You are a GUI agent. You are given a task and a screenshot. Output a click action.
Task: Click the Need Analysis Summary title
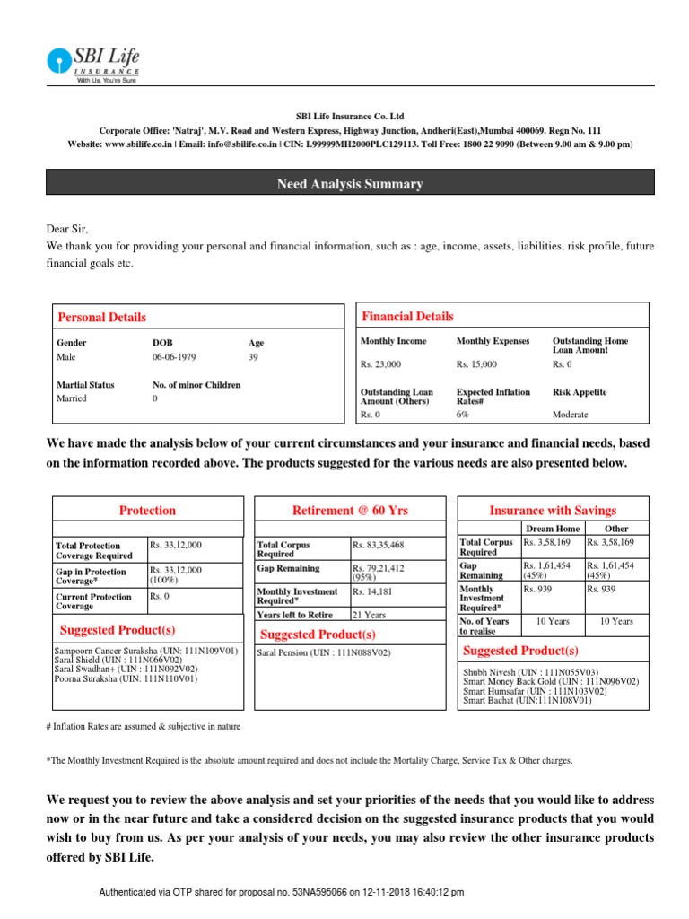point(350,184)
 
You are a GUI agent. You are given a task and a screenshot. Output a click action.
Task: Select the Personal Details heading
point(101,317)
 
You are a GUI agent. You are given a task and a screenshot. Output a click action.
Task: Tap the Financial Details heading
point(407,316)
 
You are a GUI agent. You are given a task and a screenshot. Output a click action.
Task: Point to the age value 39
point(254,357)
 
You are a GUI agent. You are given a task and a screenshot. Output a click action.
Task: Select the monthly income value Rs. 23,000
point(380,364)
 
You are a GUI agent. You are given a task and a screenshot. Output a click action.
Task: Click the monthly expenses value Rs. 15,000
point(476,364)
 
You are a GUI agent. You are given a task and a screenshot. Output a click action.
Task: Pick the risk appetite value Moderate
point(571,415)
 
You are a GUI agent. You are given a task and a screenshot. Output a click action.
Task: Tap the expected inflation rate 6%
point(462,415)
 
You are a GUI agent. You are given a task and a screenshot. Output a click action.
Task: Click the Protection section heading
point(147,510)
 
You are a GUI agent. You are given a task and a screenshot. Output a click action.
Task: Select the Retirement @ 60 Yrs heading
point(350,510)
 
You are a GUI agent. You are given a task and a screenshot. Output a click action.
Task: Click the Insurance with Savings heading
point(552,510)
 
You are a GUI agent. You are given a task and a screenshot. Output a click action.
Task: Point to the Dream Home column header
point(552,529)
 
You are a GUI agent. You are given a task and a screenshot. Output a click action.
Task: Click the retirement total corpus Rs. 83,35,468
point(379,544)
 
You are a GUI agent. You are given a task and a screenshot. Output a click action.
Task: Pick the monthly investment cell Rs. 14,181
point(372,591)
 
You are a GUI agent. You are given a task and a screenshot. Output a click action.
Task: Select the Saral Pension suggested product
point(325,652)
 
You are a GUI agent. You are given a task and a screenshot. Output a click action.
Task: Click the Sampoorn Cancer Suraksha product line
point(145,650)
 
